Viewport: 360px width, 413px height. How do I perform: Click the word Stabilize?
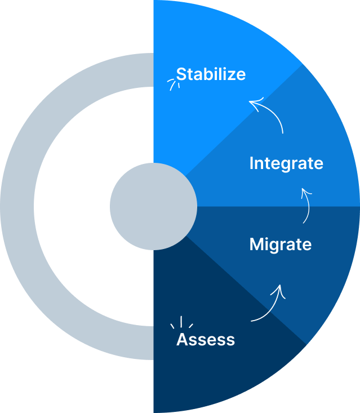point(211,74)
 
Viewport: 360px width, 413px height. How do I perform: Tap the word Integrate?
point(286,163)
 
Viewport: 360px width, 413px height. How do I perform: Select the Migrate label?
point(280,245)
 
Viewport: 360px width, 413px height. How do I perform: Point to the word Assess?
point(206,339)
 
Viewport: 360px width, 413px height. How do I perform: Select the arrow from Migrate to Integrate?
point(308,206)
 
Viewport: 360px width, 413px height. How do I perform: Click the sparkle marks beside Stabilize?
point(172,84)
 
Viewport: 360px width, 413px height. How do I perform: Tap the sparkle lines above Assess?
point(181,322)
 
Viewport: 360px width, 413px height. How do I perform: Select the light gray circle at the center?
point(153,206)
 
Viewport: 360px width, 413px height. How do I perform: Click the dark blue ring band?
point(17,206)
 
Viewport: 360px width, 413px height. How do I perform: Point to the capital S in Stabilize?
point(181,74)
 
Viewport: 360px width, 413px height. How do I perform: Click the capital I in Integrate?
point(252,163)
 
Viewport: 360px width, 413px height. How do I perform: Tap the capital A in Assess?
point(183,339)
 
